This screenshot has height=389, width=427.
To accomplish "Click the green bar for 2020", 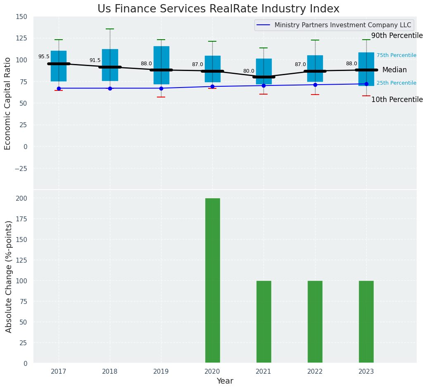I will click(x=212, y=280).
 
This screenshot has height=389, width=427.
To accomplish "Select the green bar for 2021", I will click(x=263, y=322).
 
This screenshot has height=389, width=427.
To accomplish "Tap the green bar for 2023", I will click(x=366, y=322).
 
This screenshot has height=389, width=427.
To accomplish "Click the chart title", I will click(x=218, y=9).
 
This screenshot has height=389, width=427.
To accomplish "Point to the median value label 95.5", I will click(x=44, y=57).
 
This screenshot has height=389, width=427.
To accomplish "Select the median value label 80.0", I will click(x=249, y=71).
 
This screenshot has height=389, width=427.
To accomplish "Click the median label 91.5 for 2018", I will click(x=95, y=60).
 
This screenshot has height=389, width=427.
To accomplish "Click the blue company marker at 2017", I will click(x=59, y=88).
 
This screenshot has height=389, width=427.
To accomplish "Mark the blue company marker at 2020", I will click(x=212, y=87).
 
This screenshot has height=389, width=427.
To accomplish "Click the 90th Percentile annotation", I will click(x=397, y=36).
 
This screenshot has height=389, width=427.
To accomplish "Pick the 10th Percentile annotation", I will click(x=397, y=100).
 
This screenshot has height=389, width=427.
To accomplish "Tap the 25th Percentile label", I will click(x=396, y=83).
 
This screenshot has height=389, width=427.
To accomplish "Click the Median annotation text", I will click(x=394, y=70).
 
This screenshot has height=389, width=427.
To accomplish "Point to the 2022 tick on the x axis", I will click(x=315, y=372).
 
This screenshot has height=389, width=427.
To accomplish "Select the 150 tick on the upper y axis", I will click(x=21, y=17).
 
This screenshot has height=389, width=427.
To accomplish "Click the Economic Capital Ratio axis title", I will click(x=8, y=103).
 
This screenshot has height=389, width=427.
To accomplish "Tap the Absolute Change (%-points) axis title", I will click(x=9, y=277).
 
